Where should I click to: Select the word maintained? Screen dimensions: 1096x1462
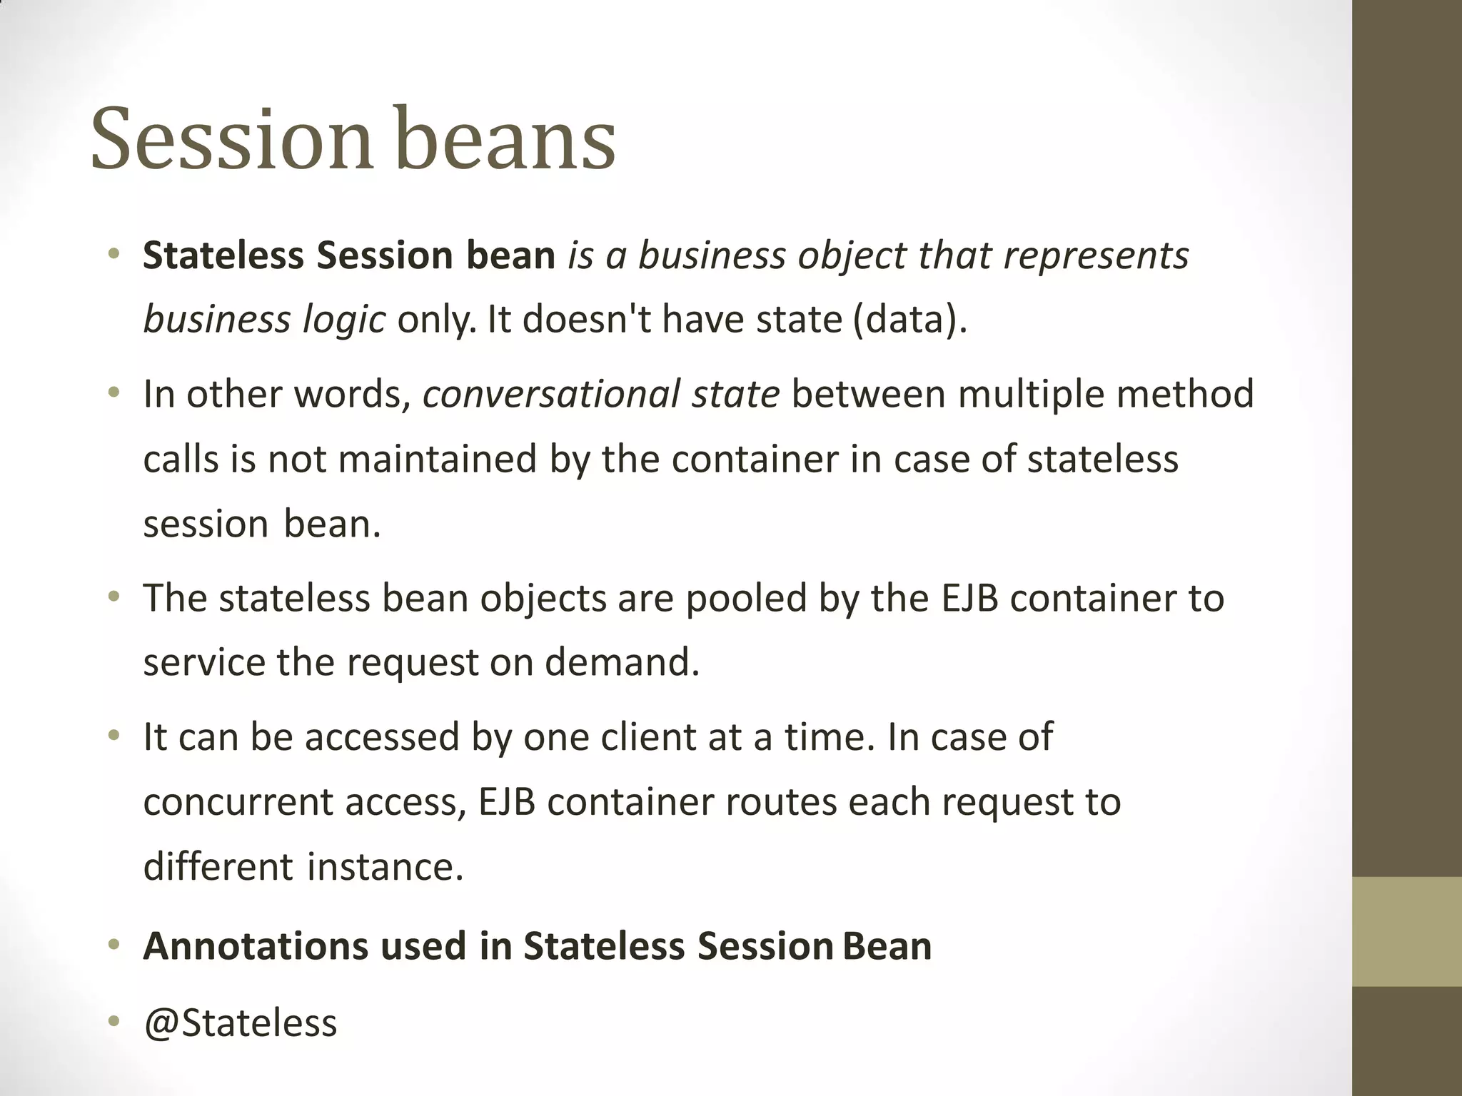(437, 459)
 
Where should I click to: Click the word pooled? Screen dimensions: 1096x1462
(746, 598)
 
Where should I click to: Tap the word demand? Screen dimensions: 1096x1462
(622, 663)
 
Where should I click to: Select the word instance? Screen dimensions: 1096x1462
(385, 867)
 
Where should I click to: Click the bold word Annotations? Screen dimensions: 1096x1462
(254, 946)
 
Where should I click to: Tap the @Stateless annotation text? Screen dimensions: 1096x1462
(240, 1023)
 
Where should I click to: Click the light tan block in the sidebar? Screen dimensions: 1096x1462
(1407, 931)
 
